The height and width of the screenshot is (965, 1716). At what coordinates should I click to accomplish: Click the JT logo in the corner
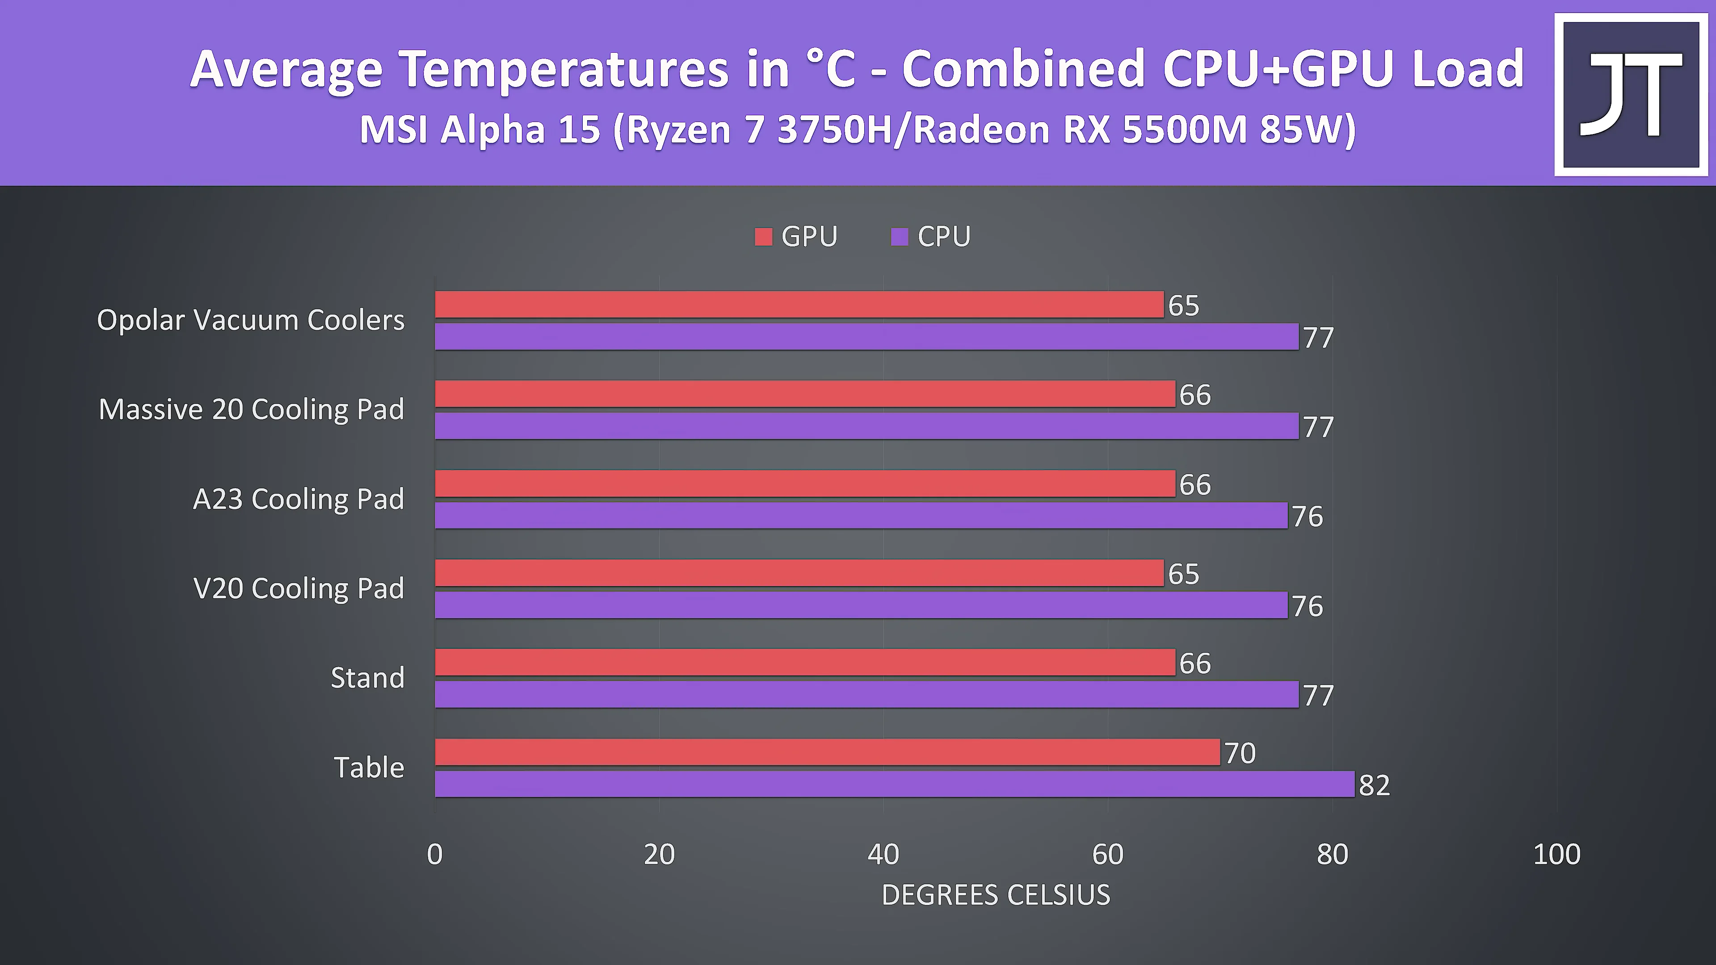click(x=1631, y=95)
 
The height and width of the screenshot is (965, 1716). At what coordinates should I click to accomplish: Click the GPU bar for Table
click(x=827, y=752)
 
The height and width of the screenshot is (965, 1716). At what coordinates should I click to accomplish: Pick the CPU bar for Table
click(x=895, y=784)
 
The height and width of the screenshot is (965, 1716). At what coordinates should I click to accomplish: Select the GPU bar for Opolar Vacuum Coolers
click(x=799, y=304)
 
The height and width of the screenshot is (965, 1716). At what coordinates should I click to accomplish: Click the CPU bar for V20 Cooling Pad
click(x=861, y=605)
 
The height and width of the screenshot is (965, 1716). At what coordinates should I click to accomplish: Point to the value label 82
click(x=1374, y=785)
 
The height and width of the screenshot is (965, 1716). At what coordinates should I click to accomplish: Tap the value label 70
click(x=1240, y=753)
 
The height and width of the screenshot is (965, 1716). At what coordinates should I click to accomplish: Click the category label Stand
click(x=368, y=678)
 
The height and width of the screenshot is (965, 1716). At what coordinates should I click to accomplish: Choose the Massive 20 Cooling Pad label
click(x=251, y=410)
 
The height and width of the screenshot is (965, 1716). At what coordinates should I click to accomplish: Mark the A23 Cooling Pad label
click(x=299, y=499)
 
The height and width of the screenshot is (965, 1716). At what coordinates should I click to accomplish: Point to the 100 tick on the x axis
click(x=1556, y=855)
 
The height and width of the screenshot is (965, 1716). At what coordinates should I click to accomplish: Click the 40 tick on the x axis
click(x=883, y=855)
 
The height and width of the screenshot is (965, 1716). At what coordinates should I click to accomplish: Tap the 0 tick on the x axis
click(x=434, y=855)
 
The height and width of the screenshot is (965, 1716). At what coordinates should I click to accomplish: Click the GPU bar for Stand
click(x=805, y=662)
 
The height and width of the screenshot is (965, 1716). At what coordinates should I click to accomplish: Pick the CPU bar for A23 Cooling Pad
click(x=861, y=516)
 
